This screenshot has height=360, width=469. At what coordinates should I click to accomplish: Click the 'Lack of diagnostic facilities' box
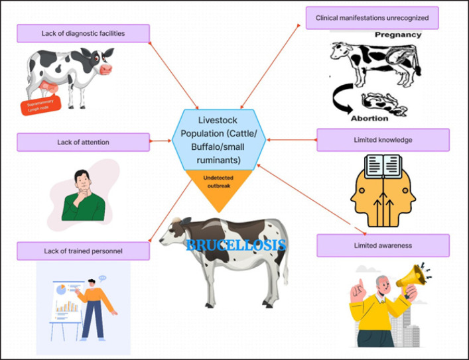(x=83, y=33)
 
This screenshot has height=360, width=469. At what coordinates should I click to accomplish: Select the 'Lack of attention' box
(x=83, y=142)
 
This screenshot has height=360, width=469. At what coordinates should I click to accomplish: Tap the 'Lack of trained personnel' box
(x=83, y=251)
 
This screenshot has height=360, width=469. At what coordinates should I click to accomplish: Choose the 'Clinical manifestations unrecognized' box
(x=372, y=18)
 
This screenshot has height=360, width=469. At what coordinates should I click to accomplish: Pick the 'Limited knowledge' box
(x=383, y=139)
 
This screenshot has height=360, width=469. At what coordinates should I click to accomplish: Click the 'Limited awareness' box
(x=383, y=245)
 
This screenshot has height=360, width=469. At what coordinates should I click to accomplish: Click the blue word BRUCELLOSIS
(x=236, y=245)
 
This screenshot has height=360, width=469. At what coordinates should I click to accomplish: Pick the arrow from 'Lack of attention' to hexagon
(x=159, y=141)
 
